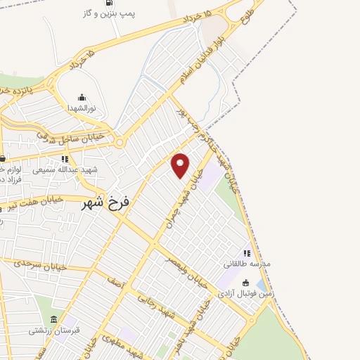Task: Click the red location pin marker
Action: pos(181,165)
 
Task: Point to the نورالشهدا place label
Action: pos(82,108)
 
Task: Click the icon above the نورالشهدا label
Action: pos(82,97)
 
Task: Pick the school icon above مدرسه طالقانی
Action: pos(247,253)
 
